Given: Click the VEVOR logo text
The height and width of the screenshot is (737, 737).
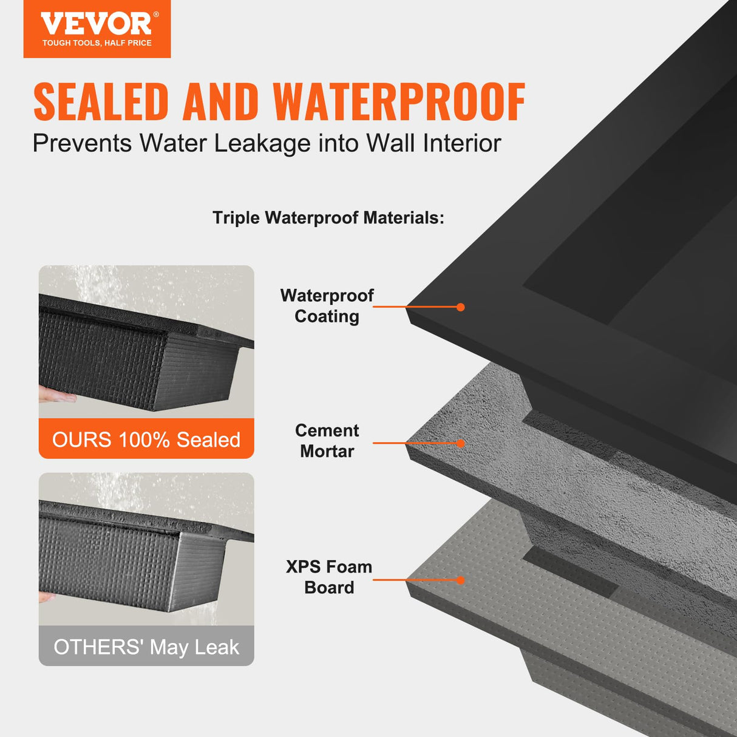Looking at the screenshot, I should (95, 24).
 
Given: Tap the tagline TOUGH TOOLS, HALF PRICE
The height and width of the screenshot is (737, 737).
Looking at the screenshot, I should (97, 43).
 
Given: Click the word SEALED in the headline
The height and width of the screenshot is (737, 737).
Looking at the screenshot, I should (101, 102).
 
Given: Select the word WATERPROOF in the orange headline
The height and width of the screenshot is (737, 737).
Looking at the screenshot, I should (399, 102).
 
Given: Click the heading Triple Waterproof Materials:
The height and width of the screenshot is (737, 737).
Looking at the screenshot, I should (328, 218).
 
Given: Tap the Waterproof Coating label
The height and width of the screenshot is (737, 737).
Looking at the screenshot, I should (327, 306).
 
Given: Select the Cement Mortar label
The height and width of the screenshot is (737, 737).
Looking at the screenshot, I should (327, 441).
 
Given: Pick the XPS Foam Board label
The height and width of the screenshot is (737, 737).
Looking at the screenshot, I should (328, 577).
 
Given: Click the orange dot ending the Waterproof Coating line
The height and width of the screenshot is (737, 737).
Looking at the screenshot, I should (461, 307).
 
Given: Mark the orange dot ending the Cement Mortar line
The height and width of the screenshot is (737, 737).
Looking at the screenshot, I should (461, 443).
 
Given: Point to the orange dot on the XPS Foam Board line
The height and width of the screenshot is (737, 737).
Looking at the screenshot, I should (461, 580).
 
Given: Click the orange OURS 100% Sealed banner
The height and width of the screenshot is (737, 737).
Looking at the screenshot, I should (146, 439).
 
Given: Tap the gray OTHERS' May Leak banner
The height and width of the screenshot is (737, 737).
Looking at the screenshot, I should (146, 647).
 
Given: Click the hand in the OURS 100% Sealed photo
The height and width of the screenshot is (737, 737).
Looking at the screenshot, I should (56, 395).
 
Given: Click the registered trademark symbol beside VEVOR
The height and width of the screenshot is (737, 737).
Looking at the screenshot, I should (156, 15).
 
